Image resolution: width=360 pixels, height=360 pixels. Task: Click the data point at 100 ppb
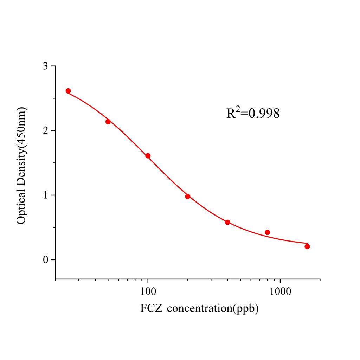coord(148,156)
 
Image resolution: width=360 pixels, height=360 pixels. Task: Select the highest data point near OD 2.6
coord(68,91)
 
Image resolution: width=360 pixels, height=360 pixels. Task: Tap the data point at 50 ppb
coord(108,122)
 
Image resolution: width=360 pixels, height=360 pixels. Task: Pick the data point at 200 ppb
coord(188,196)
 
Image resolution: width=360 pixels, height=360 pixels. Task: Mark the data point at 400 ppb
coord(227,222)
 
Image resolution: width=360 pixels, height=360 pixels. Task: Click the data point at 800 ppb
coord(267,232)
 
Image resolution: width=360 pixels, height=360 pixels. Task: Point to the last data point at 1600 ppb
coord(307,246)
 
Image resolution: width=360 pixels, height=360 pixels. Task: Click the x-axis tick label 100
coord(148,291)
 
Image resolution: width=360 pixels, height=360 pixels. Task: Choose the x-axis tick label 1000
coord(280,291)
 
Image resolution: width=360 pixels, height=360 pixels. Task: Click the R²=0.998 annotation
coord(253,113)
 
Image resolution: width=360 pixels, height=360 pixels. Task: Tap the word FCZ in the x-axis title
coord(151,309)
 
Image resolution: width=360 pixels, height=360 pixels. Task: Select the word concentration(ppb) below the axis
coord(213,309)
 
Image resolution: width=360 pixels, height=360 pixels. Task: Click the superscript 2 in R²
coord(238,109)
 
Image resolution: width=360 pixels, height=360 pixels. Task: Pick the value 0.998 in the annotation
coord(264,114)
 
